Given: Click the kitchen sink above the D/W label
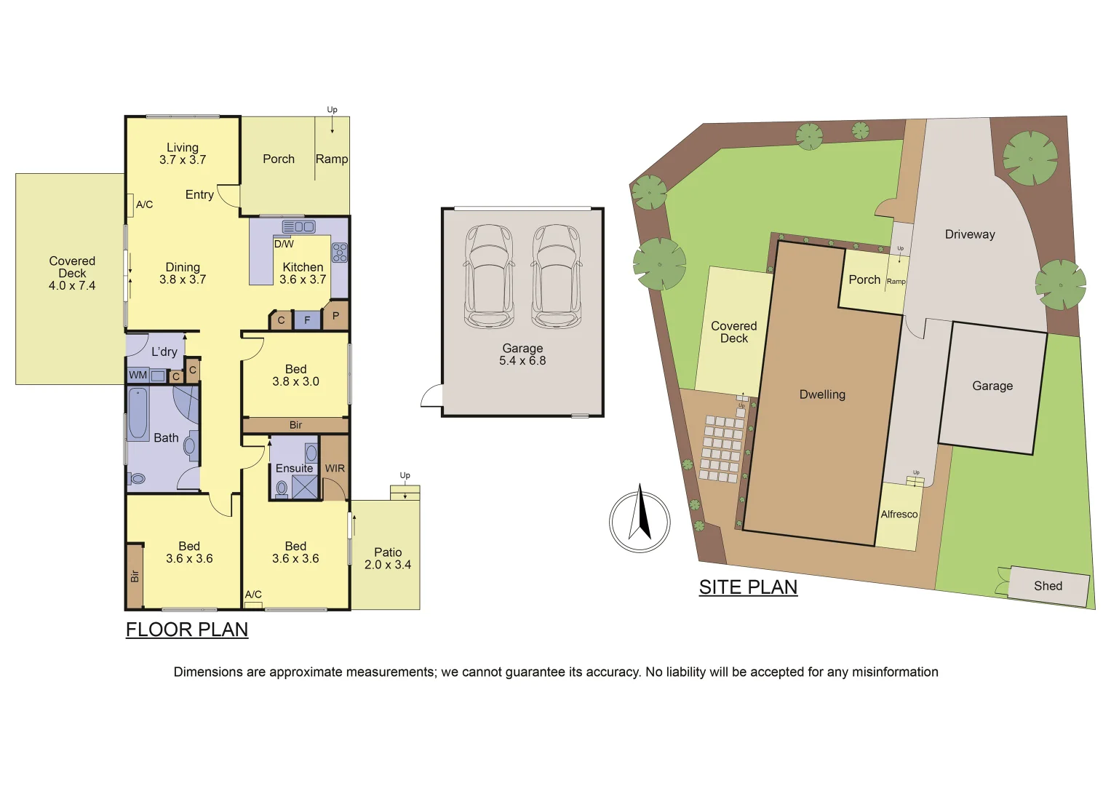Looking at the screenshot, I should coord(298,227).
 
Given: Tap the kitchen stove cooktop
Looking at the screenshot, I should coord(340,253).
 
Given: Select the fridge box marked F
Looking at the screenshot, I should coord(307,320).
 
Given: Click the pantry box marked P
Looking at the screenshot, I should coord(335,316).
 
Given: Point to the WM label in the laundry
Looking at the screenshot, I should coord(138,376).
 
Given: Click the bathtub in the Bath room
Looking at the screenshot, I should coord(138,415).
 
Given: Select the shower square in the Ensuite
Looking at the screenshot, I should coord(305,487).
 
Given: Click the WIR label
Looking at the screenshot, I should coord(335,469).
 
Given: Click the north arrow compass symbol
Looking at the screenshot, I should coord(640,521).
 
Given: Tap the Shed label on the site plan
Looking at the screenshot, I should coord(1048,587).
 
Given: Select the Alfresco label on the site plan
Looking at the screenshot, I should coord(899,515).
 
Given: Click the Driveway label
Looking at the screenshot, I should coord(970,234).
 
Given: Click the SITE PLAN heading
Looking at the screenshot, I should coord(748,587).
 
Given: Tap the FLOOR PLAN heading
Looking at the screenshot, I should coord(187,630).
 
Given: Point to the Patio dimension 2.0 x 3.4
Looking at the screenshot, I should coord(388,565).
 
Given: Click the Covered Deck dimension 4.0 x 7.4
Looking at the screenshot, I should coord(72,286).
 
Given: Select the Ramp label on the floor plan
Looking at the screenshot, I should coord(332,159).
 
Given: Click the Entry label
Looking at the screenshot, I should coord(199,195).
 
